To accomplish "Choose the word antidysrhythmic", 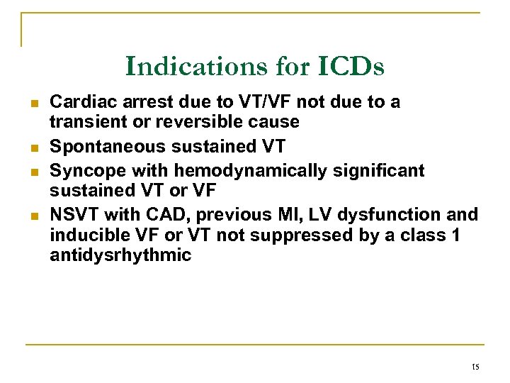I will pyautogui.click(x=120, y=255).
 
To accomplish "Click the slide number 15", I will pyautogui.click(x=475, y=367).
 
